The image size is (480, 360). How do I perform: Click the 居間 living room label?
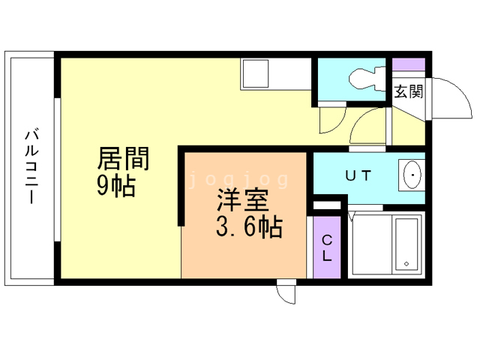coord(124,159)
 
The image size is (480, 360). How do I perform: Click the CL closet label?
coord(327,247)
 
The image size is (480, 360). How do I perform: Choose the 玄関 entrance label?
coord(409,92)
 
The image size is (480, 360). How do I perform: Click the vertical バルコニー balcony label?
coord(31,166)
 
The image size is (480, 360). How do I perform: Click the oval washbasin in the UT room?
coord(412,176)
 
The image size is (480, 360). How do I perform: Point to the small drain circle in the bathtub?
coord(406,264)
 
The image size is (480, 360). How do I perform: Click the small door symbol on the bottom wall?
coord(286,292)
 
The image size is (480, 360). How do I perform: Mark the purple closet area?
coord(327,247)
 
